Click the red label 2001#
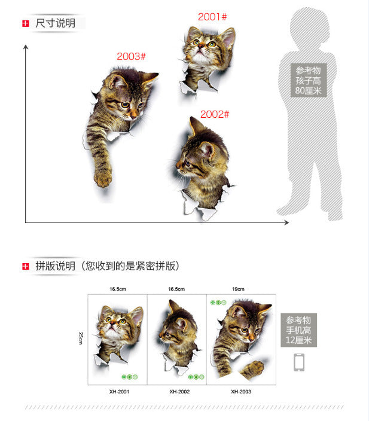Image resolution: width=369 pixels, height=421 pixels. pos(212,17)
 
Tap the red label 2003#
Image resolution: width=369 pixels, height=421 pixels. pos(131,56)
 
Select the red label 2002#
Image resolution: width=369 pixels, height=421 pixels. pos(215,114)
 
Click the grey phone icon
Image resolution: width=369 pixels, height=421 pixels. pos(299,362)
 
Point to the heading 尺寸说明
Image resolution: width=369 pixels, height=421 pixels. pos(56,23)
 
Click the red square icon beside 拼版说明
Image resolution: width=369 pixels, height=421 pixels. pos(26,266)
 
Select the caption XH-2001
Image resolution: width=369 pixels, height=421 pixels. pos(119,392)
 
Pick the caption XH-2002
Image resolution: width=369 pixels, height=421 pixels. pos(179,392)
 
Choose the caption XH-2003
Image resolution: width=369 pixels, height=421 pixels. pos(241,392)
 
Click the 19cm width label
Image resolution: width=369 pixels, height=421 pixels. pos(238,289)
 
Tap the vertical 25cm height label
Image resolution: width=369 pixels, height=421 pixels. pos(81,338)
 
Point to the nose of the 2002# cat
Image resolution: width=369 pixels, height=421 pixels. pos(178,164)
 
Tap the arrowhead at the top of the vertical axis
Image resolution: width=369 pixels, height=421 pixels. pos(26,47)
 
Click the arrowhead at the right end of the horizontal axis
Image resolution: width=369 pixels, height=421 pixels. pos(287,222)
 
